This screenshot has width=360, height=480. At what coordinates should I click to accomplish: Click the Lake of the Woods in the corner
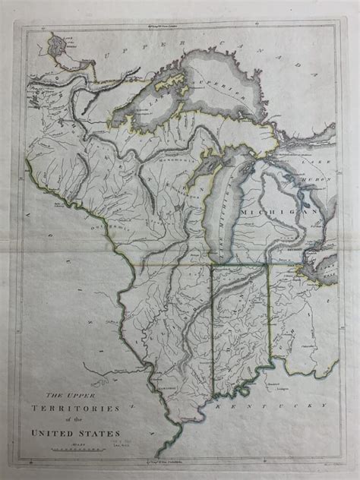[56, 45]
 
